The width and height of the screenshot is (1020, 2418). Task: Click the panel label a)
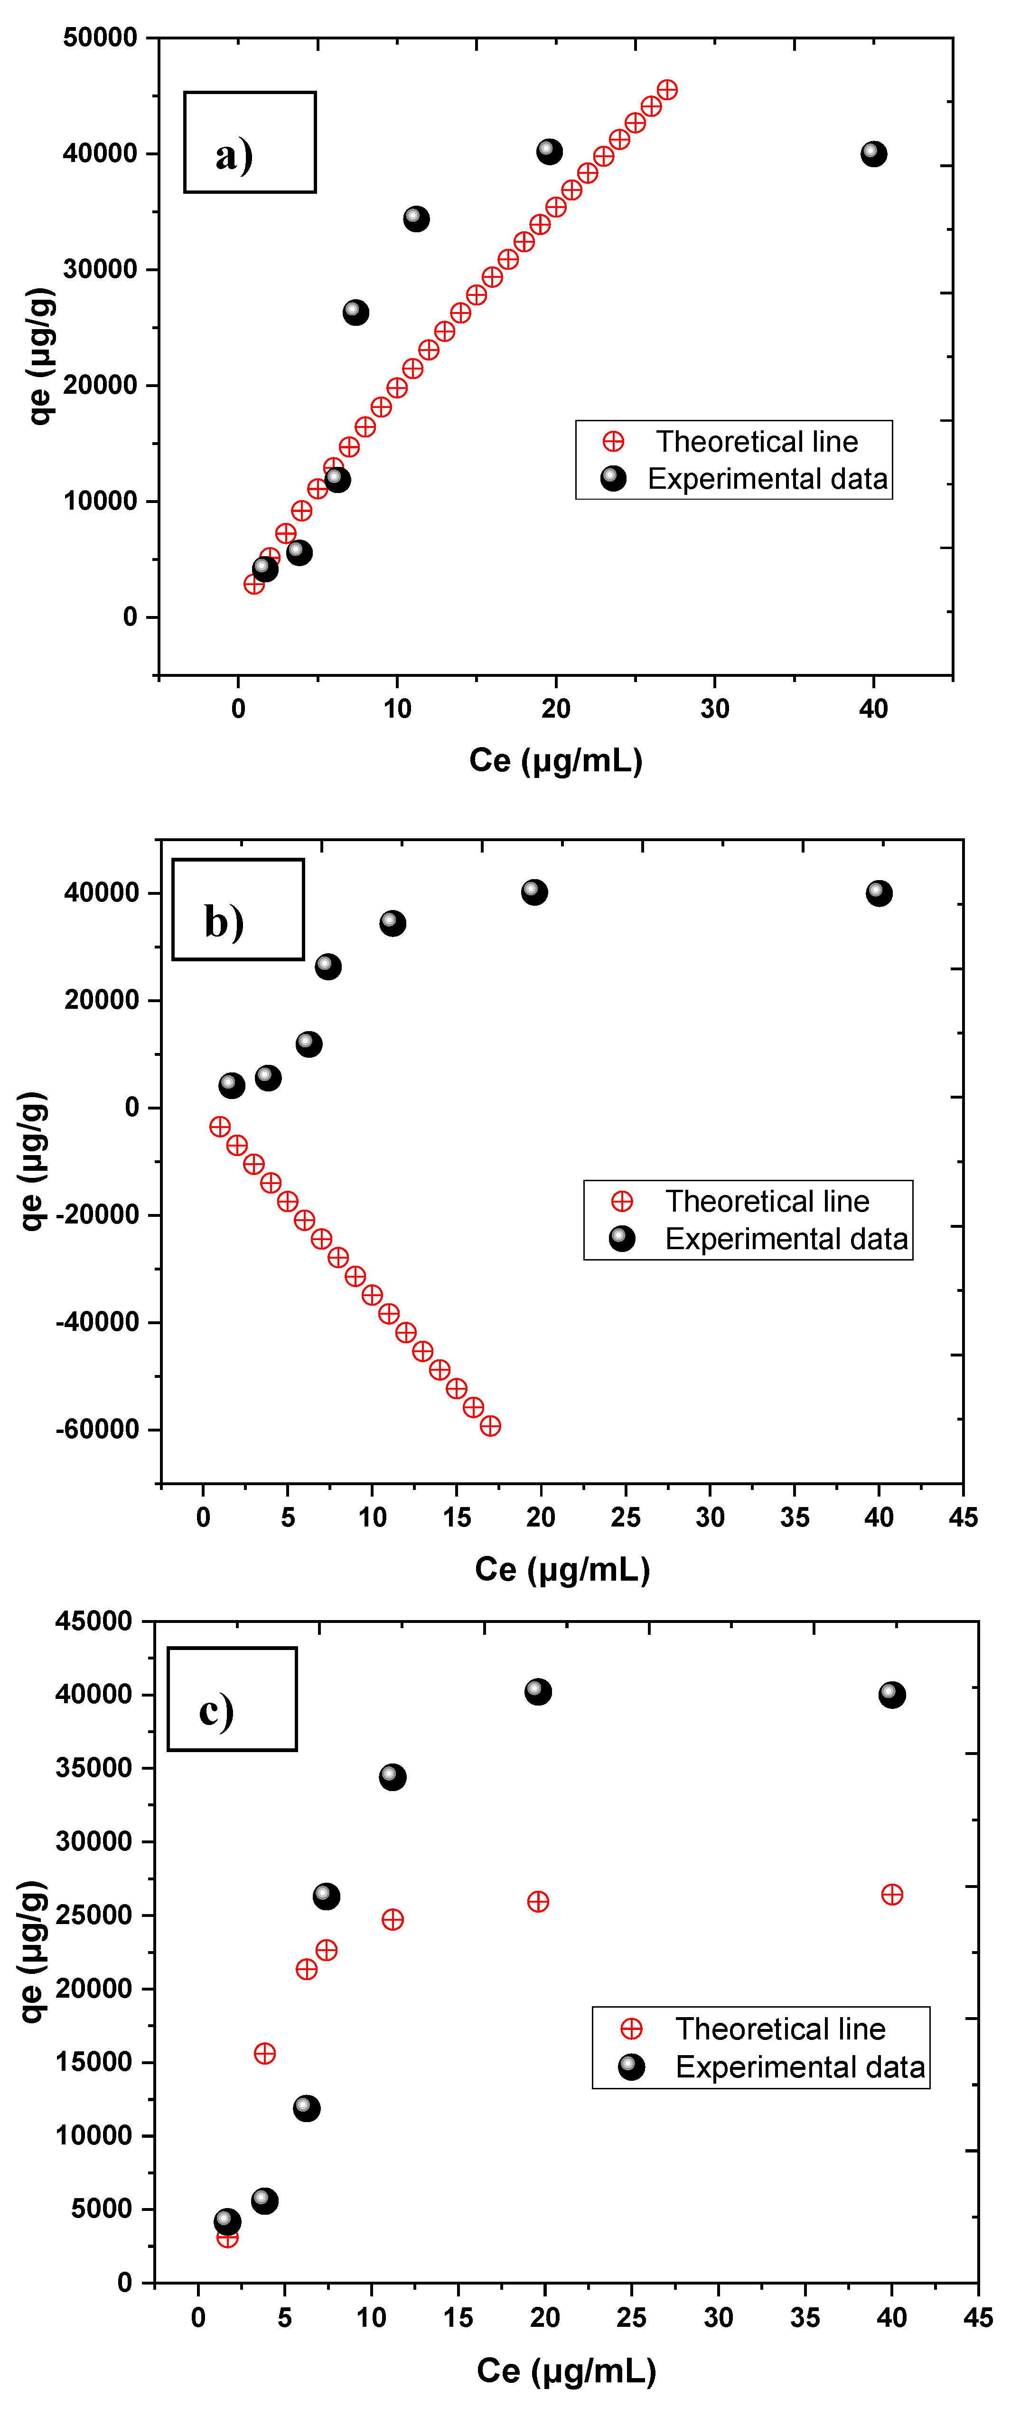click(234, 154)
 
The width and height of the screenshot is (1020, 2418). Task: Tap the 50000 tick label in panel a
click(101, 38)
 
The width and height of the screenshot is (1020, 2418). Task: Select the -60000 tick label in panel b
click(98, 1429)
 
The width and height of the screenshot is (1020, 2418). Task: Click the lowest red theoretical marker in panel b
click(490, 1426)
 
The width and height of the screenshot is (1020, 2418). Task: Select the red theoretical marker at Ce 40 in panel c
click(891, 1894)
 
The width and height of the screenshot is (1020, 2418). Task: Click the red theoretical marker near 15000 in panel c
click(265, 2053)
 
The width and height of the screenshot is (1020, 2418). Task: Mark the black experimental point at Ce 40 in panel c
click(891, 1694)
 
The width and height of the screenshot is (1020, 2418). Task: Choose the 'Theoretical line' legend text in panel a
click(756, 441)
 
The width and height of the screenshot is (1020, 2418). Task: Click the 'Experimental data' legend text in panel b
click(786, 1239)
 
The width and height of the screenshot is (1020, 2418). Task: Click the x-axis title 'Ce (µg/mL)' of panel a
click(555, 759)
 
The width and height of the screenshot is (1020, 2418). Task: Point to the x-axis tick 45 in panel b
click(963, 1517)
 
